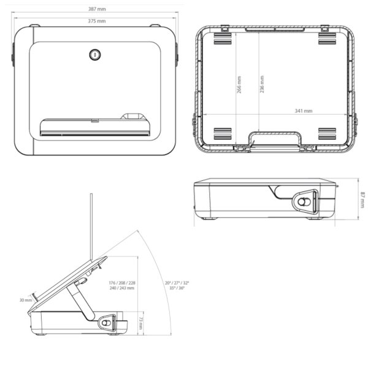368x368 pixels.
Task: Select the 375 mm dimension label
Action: [97, 21]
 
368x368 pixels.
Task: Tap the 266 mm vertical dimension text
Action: [239, 84]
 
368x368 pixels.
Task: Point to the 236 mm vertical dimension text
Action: [262, 84]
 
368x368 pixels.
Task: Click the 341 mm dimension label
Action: [303, 111]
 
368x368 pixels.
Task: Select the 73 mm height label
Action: [140, 323]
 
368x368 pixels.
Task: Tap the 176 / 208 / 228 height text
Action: [122, 283]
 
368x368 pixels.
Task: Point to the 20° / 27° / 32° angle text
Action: [177, 283]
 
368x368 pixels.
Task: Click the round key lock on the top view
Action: [95, 55]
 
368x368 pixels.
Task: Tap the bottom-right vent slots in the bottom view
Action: [328, 134]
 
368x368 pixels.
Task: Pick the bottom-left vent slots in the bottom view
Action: [223, 134]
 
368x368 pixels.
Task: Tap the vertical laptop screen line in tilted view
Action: [91, 227]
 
